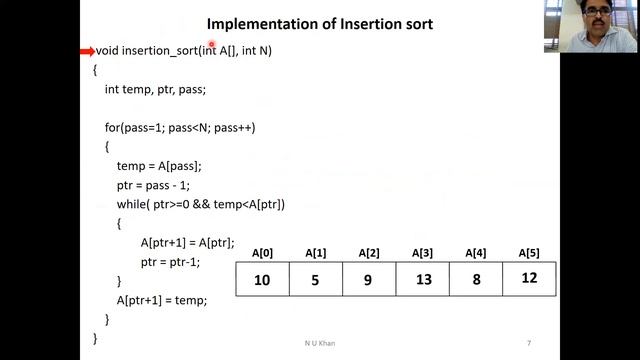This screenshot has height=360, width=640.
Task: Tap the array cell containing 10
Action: click(262, 280)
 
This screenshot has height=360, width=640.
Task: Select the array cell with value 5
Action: click(316, 280)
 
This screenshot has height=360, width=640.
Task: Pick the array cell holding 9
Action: click(369, 280)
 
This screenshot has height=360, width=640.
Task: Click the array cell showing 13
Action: click(423, 280)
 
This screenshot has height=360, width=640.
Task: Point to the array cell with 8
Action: click(476, 280)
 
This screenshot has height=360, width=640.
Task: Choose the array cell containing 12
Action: click(529, 279)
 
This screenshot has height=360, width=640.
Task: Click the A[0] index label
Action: click(263, 253)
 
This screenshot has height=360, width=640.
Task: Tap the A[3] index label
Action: click(423, 253)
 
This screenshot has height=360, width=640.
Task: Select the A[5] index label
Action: click(529, 253)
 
